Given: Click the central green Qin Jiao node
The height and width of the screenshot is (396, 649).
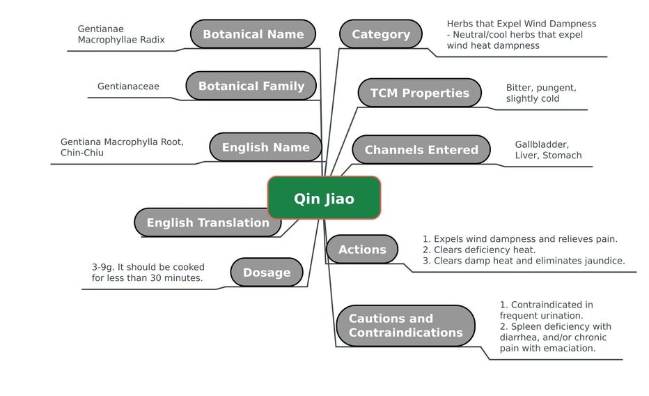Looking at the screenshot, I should coord(324,199).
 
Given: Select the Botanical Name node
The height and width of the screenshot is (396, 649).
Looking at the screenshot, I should coord(253,34).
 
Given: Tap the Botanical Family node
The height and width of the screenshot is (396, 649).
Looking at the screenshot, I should coord(251,86).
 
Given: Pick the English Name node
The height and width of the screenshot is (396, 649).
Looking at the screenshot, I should coord(265,147).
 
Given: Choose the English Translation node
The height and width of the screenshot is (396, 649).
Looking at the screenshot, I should coord(208,223).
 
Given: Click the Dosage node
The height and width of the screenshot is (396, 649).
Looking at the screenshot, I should coord(267,273).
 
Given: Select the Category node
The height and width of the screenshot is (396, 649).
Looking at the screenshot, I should coord(381,34).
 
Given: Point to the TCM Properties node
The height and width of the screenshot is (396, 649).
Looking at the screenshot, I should coord(419,93).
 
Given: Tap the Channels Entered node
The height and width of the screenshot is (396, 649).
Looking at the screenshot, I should coord(421,150).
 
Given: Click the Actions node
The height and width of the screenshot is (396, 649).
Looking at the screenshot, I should coord(362,250).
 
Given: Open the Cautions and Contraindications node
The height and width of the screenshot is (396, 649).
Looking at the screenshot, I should coord(405,326).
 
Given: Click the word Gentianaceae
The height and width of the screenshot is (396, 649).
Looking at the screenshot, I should coord(128,86).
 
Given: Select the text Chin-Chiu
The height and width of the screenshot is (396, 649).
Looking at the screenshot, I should coord(82,153).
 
